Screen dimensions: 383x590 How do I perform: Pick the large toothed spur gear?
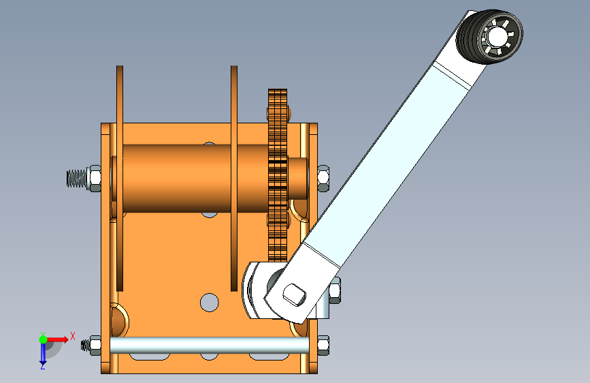coord(276,170)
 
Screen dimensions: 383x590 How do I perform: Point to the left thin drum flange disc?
coord(120,177)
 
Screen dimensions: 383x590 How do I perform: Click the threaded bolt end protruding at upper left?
coord(76,179)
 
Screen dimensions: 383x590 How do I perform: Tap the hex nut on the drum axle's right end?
coord(324,178)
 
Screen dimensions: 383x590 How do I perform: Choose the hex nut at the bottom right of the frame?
coord(323,344)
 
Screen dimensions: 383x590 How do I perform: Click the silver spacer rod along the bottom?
coord(204,345)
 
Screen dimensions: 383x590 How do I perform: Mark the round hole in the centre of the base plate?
coord(210,301)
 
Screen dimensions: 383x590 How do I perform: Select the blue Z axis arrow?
coord(43,352)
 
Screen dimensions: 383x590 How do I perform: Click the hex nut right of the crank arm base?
coord(335,292)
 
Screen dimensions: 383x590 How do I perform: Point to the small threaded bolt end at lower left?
coord(86,346)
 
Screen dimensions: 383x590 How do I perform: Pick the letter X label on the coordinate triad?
coord(72,335)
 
